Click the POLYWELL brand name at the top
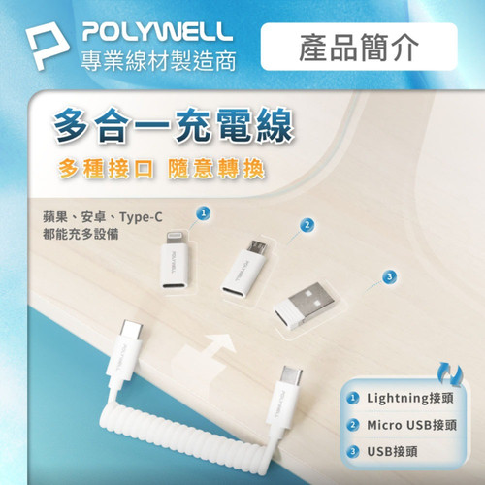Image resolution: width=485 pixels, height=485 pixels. click(x=157, y=31)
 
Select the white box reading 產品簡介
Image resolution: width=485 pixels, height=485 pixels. click(x=359, y=47)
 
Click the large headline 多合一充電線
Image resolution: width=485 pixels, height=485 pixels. click(x=174, y=125)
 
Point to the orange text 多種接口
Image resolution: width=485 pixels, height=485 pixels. click(x=106, y=169)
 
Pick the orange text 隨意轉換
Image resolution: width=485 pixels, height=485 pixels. click(x=216, y=169)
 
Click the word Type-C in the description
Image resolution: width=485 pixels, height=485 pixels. click(x=141, y=217)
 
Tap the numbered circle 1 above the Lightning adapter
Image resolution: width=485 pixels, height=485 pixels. click(x=204, y=213)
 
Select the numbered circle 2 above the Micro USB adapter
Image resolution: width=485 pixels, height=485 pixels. click(x=307, y=225)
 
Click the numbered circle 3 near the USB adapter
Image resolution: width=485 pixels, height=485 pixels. click(x=389, y=276)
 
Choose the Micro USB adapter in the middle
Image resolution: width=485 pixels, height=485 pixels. click(x=244, y=268)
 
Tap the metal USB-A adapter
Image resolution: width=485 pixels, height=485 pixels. click(x=304, y=306)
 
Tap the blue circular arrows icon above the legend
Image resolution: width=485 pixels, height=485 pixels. click(x=450, y=374)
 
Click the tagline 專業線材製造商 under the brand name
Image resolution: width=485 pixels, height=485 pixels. click(x=158, y=61)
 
